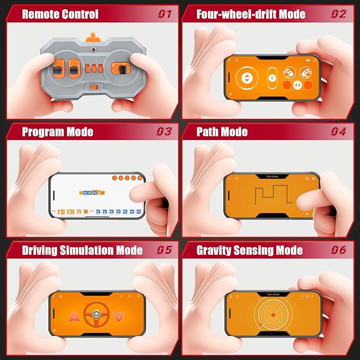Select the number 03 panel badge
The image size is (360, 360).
click(164, 131)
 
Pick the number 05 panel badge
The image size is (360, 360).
click(164, 250)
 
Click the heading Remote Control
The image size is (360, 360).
click(60, 14)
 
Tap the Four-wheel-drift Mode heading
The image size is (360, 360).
click(251, 14)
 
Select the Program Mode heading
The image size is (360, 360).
click(57, 131)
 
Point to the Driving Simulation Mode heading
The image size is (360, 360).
click(82, 250)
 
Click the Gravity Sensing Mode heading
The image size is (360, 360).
click(249, 250)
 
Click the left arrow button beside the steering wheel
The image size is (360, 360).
click(75, 317)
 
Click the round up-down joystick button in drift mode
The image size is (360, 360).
click(246, 78)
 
